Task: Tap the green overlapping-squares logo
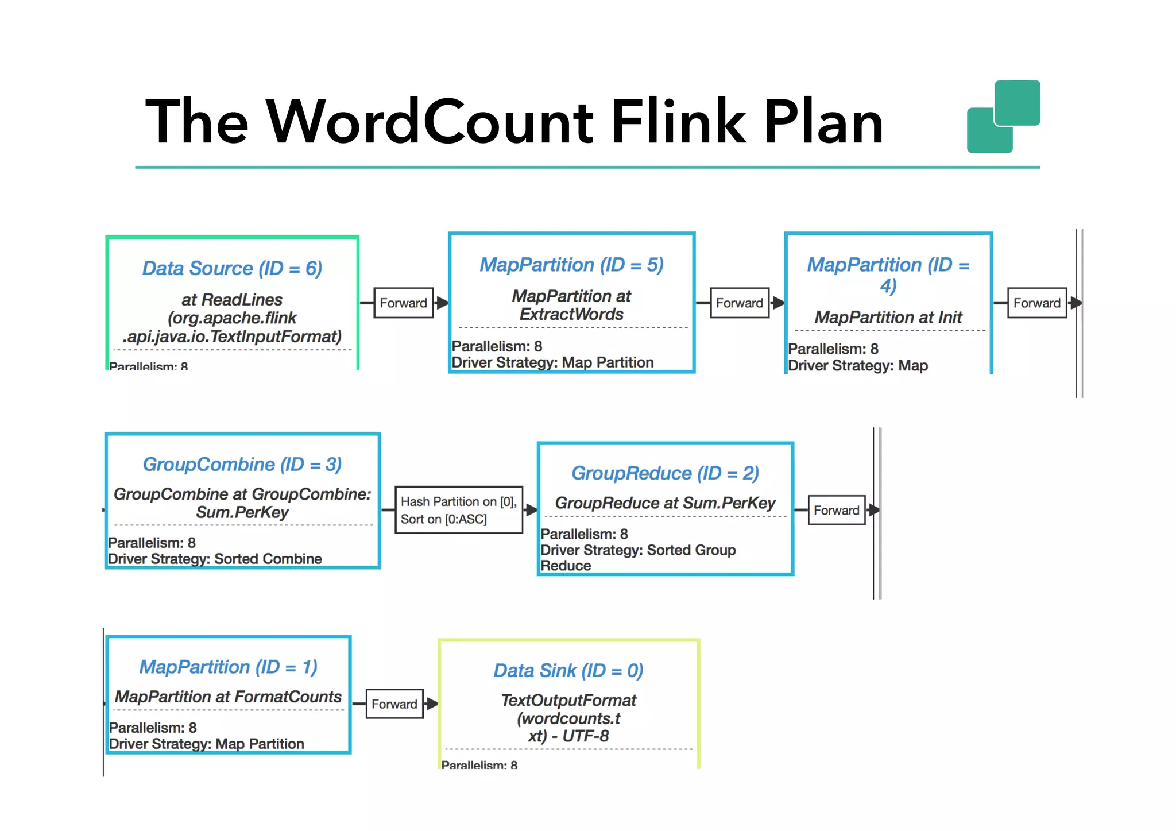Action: tap(1003, 117)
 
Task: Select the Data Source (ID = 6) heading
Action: tap(232, 268)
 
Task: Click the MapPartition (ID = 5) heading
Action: tap(571, 265)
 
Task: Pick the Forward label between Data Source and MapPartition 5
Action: tap(403, 303)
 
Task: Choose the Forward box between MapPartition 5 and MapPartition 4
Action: tap(739, 303)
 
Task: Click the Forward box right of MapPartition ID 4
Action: tap(1036, 303)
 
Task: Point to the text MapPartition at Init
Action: tap(888, 317)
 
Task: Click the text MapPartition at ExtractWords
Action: tap(571, 305)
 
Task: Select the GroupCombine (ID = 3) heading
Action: tap(242, 464)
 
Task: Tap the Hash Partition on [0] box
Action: tap(458, 510)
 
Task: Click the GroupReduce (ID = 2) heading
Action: tap(665, 473)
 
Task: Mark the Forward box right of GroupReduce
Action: tap(836, 510)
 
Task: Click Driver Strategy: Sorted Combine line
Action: tap(215, 559)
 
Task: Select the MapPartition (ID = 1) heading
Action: tap(228, 667)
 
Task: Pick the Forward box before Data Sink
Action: tap(394, 704)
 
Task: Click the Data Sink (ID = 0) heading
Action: tap(568, 670)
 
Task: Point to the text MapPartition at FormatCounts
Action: tap(228, 697)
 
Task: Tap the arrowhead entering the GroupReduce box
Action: tap(531, 510)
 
